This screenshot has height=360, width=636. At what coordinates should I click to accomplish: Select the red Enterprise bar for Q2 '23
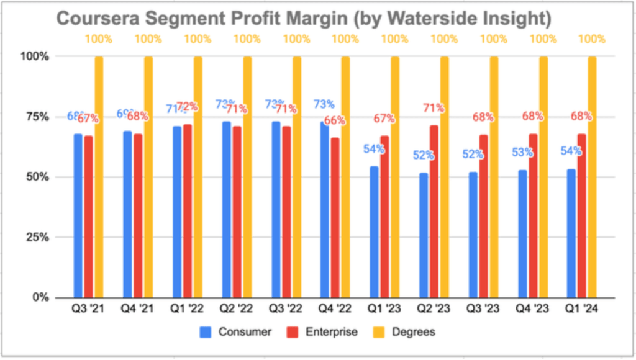[434, 211]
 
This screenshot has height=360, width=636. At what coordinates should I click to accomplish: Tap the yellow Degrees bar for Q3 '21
[99, 177]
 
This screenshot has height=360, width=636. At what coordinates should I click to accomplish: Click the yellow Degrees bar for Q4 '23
[543, 177]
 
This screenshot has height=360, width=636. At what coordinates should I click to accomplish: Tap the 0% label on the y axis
[40, 297]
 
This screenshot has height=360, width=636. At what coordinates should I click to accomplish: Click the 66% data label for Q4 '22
[335, 120]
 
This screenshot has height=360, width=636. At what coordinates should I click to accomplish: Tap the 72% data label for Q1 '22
[187, 107]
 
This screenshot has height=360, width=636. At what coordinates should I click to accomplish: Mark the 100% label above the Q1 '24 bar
[591, 39]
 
